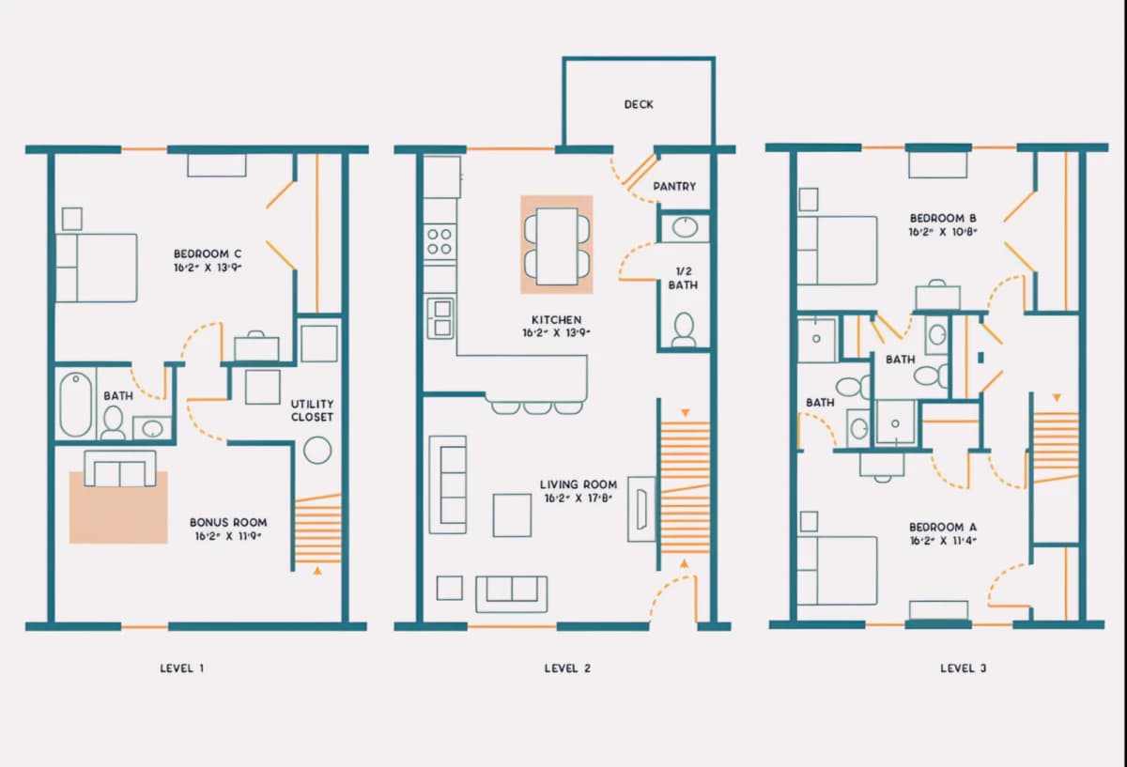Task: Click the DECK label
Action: coord(639,104)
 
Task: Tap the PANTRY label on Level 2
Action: coord(674,187)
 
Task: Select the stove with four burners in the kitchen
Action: coord(440,242)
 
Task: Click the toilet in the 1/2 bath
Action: coord(684,330)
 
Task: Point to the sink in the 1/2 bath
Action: coord(685,228)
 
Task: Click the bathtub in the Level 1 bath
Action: coord(75,405)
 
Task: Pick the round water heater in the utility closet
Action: coord(317,450)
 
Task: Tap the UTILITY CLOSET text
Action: coord(312,410)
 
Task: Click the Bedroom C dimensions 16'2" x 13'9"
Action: coord(208,268)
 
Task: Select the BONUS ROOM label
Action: coord(228,523)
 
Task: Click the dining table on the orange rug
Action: coord(557,246)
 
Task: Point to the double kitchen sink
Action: coord(440,318)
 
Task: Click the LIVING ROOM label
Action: coord(579,484)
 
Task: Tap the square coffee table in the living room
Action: coord(512,515)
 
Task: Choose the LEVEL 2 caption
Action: coord(567,668)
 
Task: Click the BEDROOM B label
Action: coord(943,219)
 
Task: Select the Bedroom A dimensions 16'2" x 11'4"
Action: coord(943,541)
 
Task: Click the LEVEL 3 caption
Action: coord(963,668)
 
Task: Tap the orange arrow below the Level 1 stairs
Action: coord(317,571)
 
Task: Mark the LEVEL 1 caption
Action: coord(181,668)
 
